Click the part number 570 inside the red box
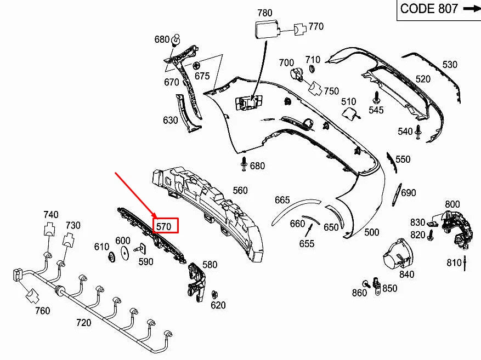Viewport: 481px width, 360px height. [164, 226]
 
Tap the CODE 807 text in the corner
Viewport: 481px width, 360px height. [428, 9]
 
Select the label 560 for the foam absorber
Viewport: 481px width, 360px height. [240, 191]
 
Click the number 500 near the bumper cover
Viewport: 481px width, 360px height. [371, 232]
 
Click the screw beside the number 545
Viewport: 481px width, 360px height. [376, 98]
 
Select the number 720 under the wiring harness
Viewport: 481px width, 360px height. [83, 323]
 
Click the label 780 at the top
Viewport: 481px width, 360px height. [264, 13]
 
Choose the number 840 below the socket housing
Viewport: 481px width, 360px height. [406, 275]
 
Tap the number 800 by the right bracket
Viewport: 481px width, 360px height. [452, 204]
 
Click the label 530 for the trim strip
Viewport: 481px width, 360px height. [449, 65]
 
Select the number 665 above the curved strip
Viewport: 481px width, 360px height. [282, 201]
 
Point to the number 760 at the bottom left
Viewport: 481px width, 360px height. [42, 311]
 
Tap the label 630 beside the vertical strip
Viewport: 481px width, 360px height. [170, 120]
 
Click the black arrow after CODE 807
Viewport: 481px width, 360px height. [471, 9]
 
